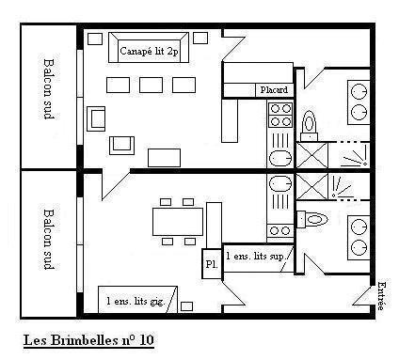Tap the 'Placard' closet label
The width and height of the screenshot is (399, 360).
coord(275,90)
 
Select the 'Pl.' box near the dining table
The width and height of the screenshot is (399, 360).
coord(211,265)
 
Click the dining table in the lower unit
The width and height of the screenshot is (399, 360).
coord(178,222)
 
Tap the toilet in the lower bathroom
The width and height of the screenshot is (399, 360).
coord(312,219)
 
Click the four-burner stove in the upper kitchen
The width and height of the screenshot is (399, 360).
coord(280,115)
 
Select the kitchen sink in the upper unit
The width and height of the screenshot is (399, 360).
coord(280,157)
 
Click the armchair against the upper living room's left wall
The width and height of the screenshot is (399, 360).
coord(97,117)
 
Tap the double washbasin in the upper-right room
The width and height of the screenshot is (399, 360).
coord(359,102)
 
